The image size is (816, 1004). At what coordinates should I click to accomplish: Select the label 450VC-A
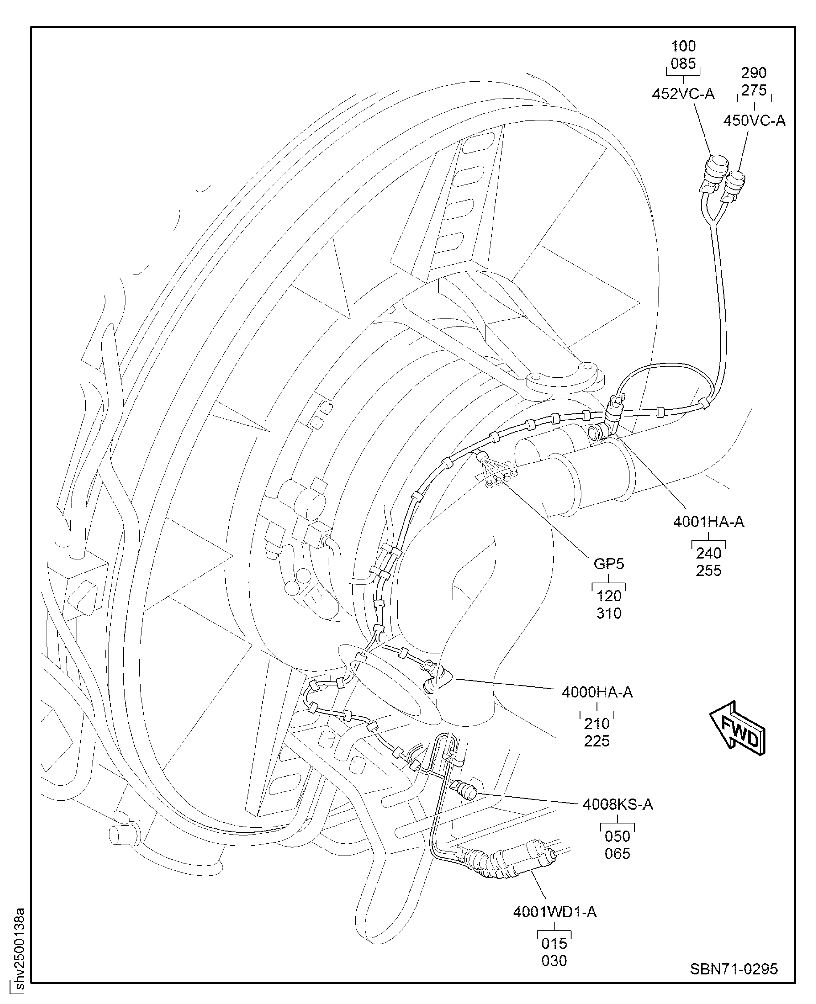point(754,121)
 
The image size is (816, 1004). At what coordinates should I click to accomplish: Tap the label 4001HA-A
point(708,522)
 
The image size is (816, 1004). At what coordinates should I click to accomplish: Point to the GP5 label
point(609,563)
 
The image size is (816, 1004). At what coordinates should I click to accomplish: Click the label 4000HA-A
point(597,692)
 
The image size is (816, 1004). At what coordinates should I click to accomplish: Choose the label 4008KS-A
point(618,804)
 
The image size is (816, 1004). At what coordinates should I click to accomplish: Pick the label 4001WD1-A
point(555,912)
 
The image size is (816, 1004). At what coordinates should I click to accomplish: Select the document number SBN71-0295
point(734,969)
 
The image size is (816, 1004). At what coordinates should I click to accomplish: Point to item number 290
point(754,73)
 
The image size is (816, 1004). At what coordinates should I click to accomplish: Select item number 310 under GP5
point(609,613)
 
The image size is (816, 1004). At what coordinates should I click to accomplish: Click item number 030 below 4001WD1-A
point(554,961)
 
